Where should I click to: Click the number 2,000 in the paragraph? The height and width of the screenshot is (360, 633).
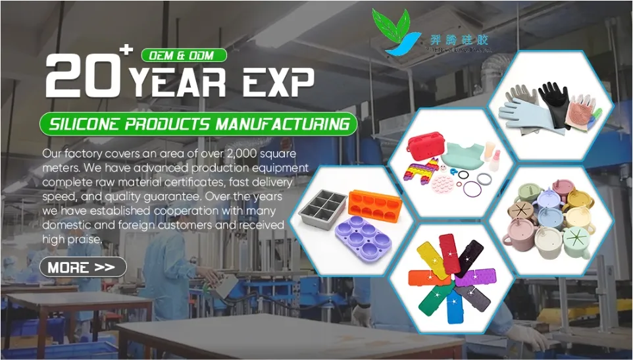pyautogui.click(x=244, y=153)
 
